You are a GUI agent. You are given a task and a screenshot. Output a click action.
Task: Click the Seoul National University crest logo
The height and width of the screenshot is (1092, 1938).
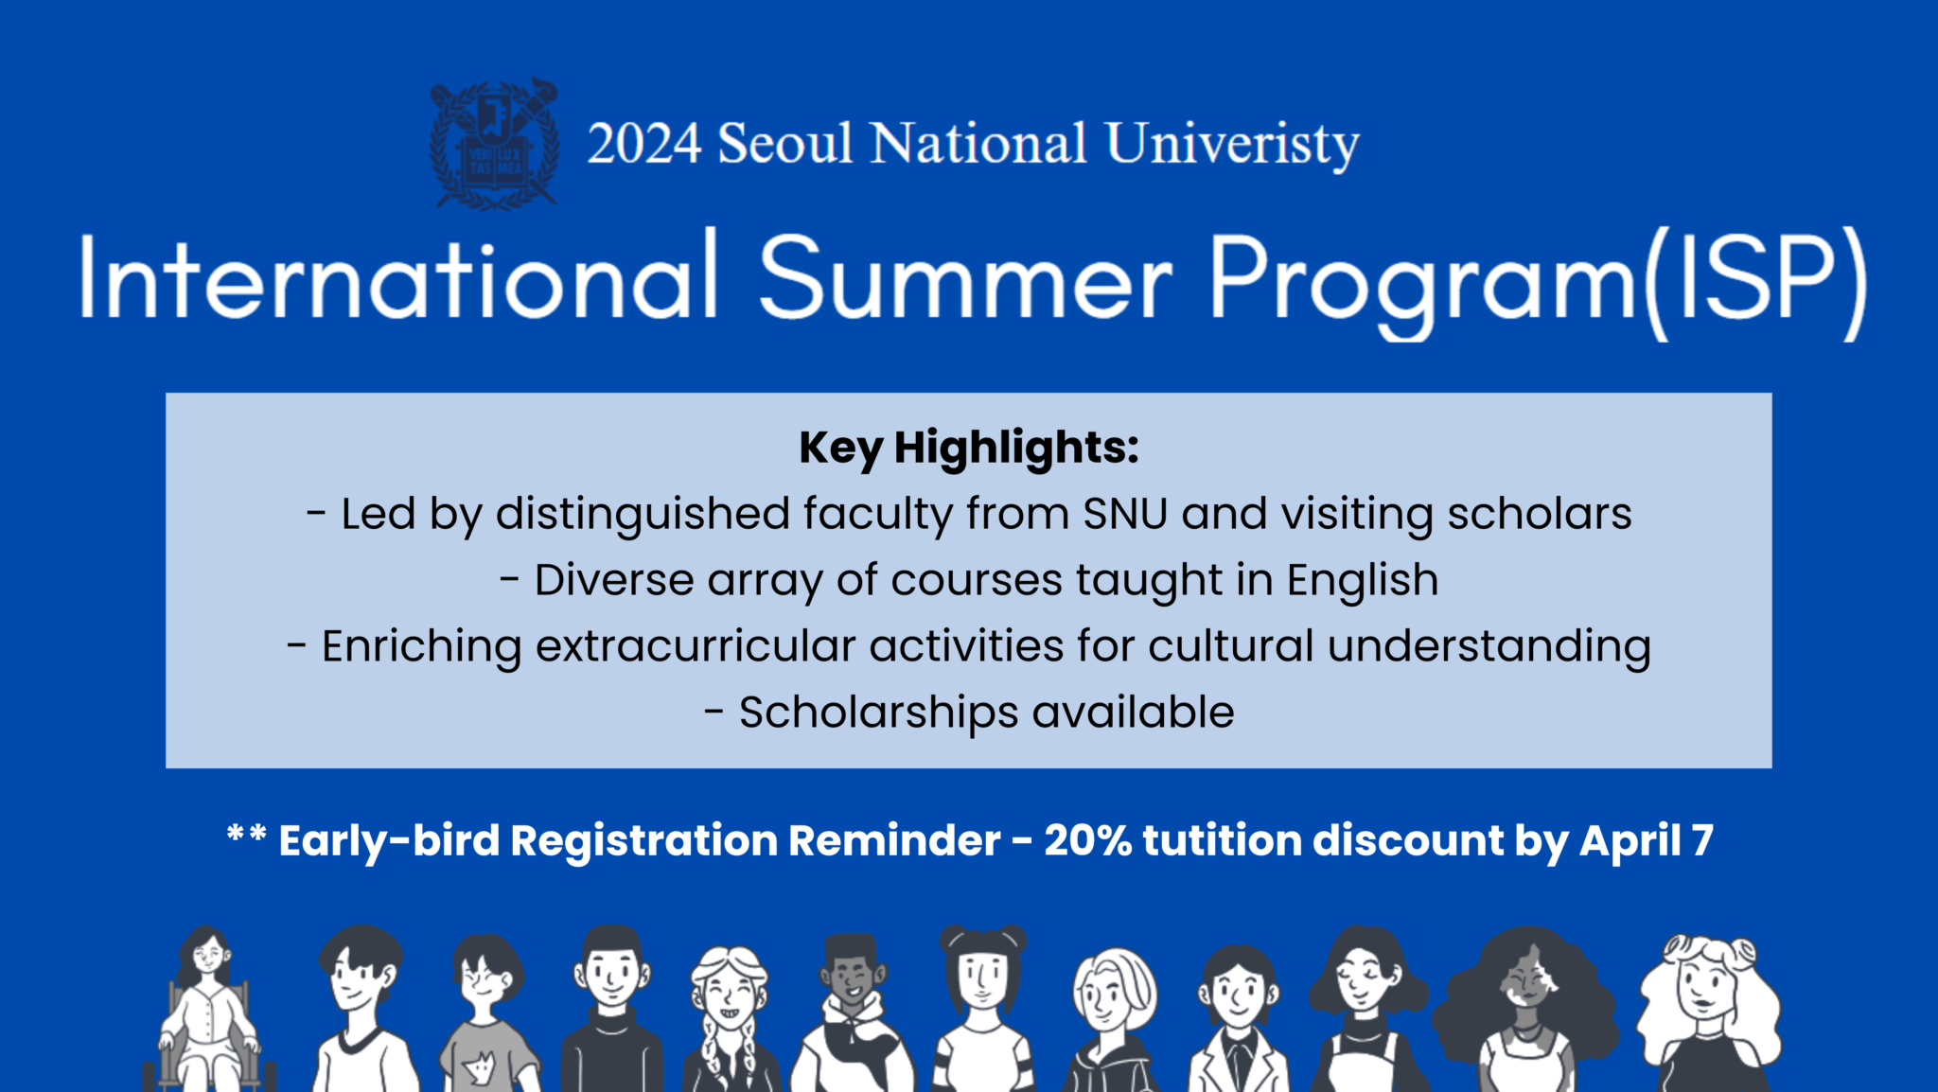point(494,144)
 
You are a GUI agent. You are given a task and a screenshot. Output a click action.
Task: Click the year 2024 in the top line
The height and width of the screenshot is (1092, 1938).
point(643,145)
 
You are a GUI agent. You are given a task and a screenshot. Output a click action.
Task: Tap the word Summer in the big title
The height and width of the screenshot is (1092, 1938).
point(965,280)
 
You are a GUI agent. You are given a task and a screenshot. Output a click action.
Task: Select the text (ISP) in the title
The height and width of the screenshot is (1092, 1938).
point(1755,282)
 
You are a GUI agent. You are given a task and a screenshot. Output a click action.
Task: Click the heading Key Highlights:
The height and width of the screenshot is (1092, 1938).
point(969,448)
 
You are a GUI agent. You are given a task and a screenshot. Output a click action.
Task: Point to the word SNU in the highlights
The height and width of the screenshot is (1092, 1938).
point(1125,514)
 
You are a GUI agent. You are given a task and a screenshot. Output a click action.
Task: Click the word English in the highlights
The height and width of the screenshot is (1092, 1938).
point(1363,580)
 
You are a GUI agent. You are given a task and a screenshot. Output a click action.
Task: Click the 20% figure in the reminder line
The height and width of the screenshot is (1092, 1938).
point(1087,840)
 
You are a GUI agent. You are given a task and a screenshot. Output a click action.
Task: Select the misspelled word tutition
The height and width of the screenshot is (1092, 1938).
point(1223,840)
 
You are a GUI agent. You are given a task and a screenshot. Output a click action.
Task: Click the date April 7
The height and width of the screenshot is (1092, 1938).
point(1647,840)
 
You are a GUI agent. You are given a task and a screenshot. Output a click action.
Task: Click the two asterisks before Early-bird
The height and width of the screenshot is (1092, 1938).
point(246,836)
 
